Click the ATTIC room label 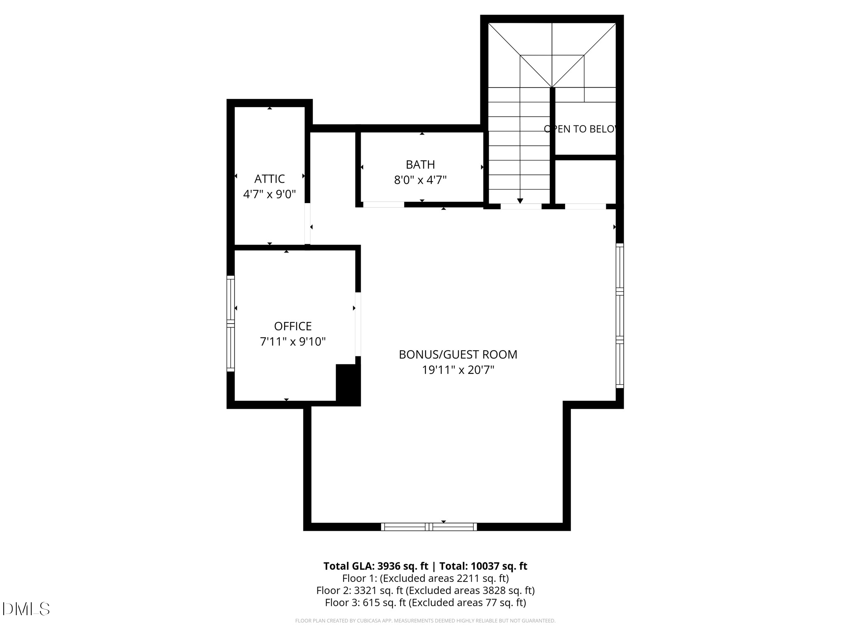coord(269,179)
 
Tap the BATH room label coord(420,164)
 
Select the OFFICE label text coord(293,326)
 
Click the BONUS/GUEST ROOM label coord(458,354)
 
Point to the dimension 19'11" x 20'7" coord(458,370)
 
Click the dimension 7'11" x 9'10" coord(293,341)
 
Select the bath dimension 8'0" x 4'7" coord(420,180)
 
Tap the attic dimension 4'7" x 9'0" coord(269,194)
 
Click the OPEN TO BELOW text coord(580,129)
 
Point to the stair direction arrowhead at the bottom coord(520,201)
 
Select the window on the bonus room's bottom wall coord(429,527)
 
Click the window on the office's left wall coord(230,323)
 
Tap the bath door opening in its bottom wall coord(383,204)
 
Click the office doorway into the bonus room coord(358,324)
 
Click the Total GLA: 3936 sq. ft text coord(376,566)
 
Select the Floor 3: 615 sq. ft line coord(425,602)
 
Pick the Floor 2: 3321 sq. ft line coord(425,590)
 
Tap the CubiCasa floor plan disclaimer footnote coord(425,621)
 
